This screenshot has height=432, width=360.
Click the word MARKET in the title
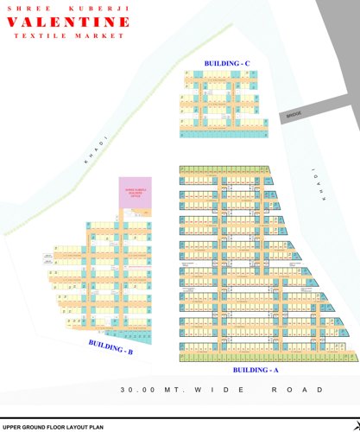(x=102, y=36)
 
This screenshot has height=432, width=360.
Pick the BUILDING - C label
(x=226, y=64)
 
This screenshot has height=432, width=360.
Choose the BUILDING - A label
(x=256, y=369)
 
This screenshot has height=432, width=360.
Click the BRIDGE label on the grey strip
(x=293, y=116)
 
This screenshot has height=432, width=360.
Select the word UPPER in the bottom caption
(x=11, y=427)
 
